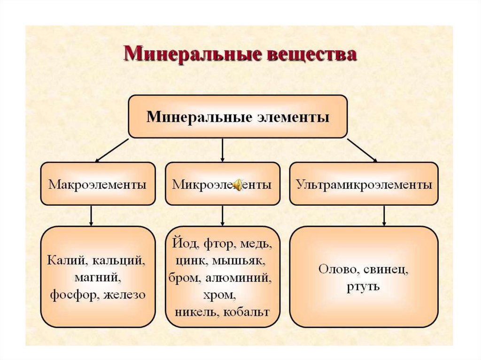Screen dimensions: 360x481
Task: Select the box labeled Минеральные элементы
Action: click(238, 116)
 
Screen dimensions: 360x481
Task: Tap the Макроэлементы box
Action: click(98, 184)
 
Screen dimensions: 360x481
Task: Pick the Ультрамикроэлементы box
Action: click(364, 184)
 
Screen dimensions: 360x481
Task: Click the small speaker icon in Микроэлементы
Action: click(238, 184)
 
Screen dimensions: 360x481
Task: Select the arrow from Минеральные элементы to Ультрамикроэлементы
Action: click(362, 150)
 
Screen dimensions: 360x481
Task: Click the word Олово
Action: click(335, 269)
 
